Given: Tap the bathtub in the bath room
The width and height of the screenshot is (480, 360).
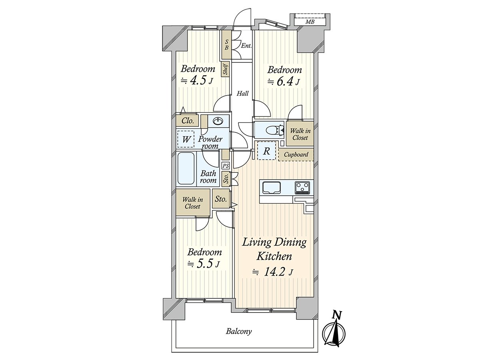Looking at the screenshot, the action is pyautogui.click(x=186, y=168).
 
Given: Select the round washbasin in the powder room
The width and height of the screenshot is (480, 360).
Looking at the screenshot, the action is pyautogui.click(x=218, y=121).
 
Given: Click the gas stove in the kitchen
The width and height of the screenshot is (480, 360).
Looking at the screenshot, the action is pyautogui.click(x=302, y=188).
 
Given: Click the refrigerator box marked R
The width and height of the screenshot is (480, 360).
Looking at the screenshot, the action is pyautogui.click(x=266, y=151).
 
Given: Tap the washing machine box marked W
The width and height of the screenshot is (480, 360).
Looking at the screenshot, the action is pyautogui.click(x=186, y=139).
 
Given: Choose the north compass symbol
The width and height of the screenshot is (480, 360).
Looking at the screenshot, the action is pyautogui.click(x=334, y=333).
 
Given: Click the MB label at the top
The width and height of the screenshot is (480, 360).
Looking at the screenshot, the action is pyautogui.click(x=310, y=22).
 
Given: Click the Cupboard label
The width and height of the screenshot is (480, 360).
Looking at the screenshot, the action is pyautogui.click(x=296, y=154).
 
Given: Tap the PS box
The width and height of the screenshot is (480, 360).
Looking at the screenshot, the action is pyautogui.click(x=226, y=166).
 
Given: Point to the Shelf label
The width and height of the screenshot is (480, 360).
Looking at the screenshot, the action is pyautogui.click(x=226, y=68).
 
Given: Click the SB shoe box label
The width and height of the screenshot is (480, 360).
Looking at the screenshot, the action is pyautogui.click(x=226, y=44).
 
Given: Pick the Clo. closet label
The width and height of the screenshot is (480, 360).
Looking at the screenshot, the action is pyautogui.click(x=188, y=121).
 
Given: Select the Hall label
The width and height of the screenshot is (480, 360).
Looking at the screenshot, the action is pyautogui.click(x=242, y=94).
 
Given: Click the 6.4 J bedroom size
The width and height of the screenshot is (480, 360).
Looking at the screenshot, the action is pyautogui.click(x=283, y=82).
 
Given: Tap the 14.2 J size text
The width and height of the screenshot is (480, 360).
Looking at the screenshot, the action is pyautogui.click(x=273, y=272).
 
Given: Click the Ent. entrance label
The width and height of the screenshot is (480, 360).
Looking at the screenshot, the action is pyautogui.click(x=246, y=46).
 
